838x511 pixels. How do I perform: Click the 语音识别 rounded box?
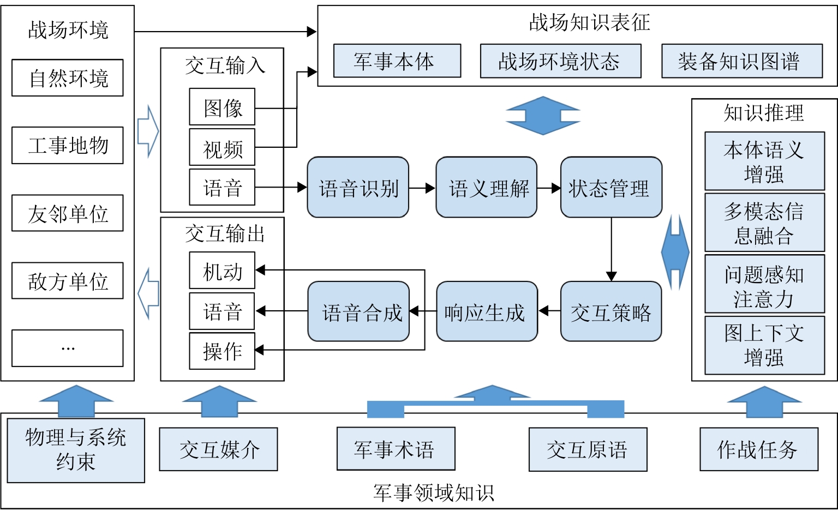tap(358, 188)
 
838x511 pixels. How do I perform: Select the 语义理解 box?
tap(486, 188)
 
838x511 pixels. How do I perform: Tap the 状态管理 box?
tap(611, 188)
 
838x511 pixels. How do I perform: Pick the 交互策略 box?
tap(611, 312)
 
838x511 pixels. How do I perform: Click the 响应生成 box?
tap(487, 312)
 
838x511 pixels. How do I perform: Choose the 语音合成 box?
tap(358, 312)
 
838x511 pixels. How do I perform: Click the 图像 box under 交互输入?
tap(222, 107)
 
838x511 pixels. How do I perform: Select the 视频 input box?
tap(222, 147)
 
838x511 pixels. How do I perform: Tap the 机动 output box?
tap(222, 270)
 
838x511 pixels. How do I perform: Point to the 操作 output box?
tap(222, 351)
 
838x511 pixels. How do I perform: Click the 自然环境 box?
tap(68, 78)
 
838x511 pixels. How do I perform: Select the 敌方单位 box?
tap(68, 281)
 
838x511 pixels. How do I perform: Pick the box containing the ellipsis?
tap(68, 348)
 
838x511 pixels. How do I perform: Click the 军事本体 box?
tap(397, 61)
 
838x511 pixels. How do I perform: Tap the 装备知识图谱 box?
tap(742, 61)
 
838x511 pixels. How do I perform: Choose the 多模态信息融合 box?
tap(764, 223)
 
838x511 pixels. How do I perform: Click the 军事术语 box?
tap(396, 449)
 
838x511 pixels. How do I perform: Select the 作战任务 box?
tap(759, 449)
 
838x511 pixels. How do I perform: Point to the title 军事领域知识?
tap(434, 492)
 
